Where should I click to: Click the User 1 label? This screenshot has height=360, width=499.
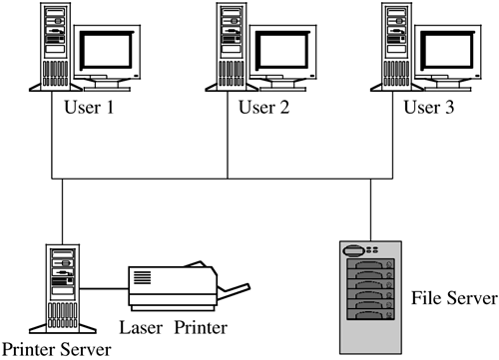[89, 108]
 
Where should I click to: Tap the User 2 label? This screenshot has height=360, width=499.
[264, 108]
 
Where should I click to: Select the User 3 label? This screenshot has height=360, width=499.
[429, 108]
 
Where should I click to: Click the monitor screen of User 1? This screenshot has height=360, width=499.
[107, 50]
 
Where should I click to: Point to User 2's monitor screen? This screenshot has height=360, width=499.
[283, 50]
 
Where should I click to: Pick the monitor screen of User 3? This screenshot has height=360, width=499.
[448, 50]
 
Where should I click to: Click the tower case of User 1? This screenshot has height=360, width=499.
[55, 47]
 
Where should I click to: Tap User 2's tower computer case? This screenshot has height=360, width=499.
[232, 47]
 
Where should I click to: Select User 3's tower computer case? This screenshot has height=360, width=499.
[396, 47]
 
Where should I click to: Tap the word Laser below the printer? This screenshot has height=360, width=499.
[141, 327]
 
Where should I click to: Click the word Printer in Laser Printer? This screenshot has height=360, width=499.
[201, 327]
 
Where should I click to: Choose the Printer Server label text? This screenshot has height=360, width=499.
[57, 350]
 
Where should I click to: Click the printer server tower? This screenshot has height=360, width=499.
[63, 289]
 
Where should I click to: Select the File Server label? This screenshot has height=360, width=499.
[454, 298]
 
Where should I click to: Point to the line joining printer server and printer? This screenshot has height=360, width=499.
[104, 289]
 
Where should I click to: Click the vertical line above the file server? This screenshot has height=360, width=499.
[370, 210]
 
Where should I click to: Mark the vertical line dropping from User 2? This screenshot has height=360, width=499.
[228, 135]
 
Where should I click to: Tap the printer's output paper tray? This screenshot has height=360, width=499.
[234, 288]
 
